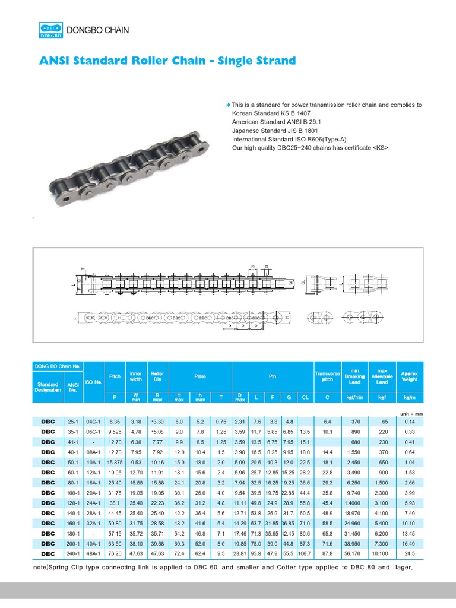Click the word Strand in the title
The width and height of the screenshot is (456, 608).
coord(271,61)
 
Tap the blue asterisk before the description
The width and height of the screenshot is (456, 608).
coord(227,105)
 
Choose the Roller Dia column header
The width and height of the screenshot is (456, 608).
coord(157,376)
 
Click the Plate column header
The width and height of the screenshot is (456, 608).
coord(200,376)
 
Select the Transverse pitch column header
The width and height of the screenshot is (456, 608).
coord(327,376)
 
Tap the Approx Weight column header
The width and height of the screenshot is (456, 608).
coord(409,376)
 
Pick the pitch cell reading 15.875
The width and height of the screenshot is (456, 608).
coord(115,461)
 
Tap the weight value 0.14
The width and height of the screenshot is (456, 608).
coord(409,421)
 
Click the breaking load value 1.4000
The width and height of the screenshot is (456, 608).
coord(355,502)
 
